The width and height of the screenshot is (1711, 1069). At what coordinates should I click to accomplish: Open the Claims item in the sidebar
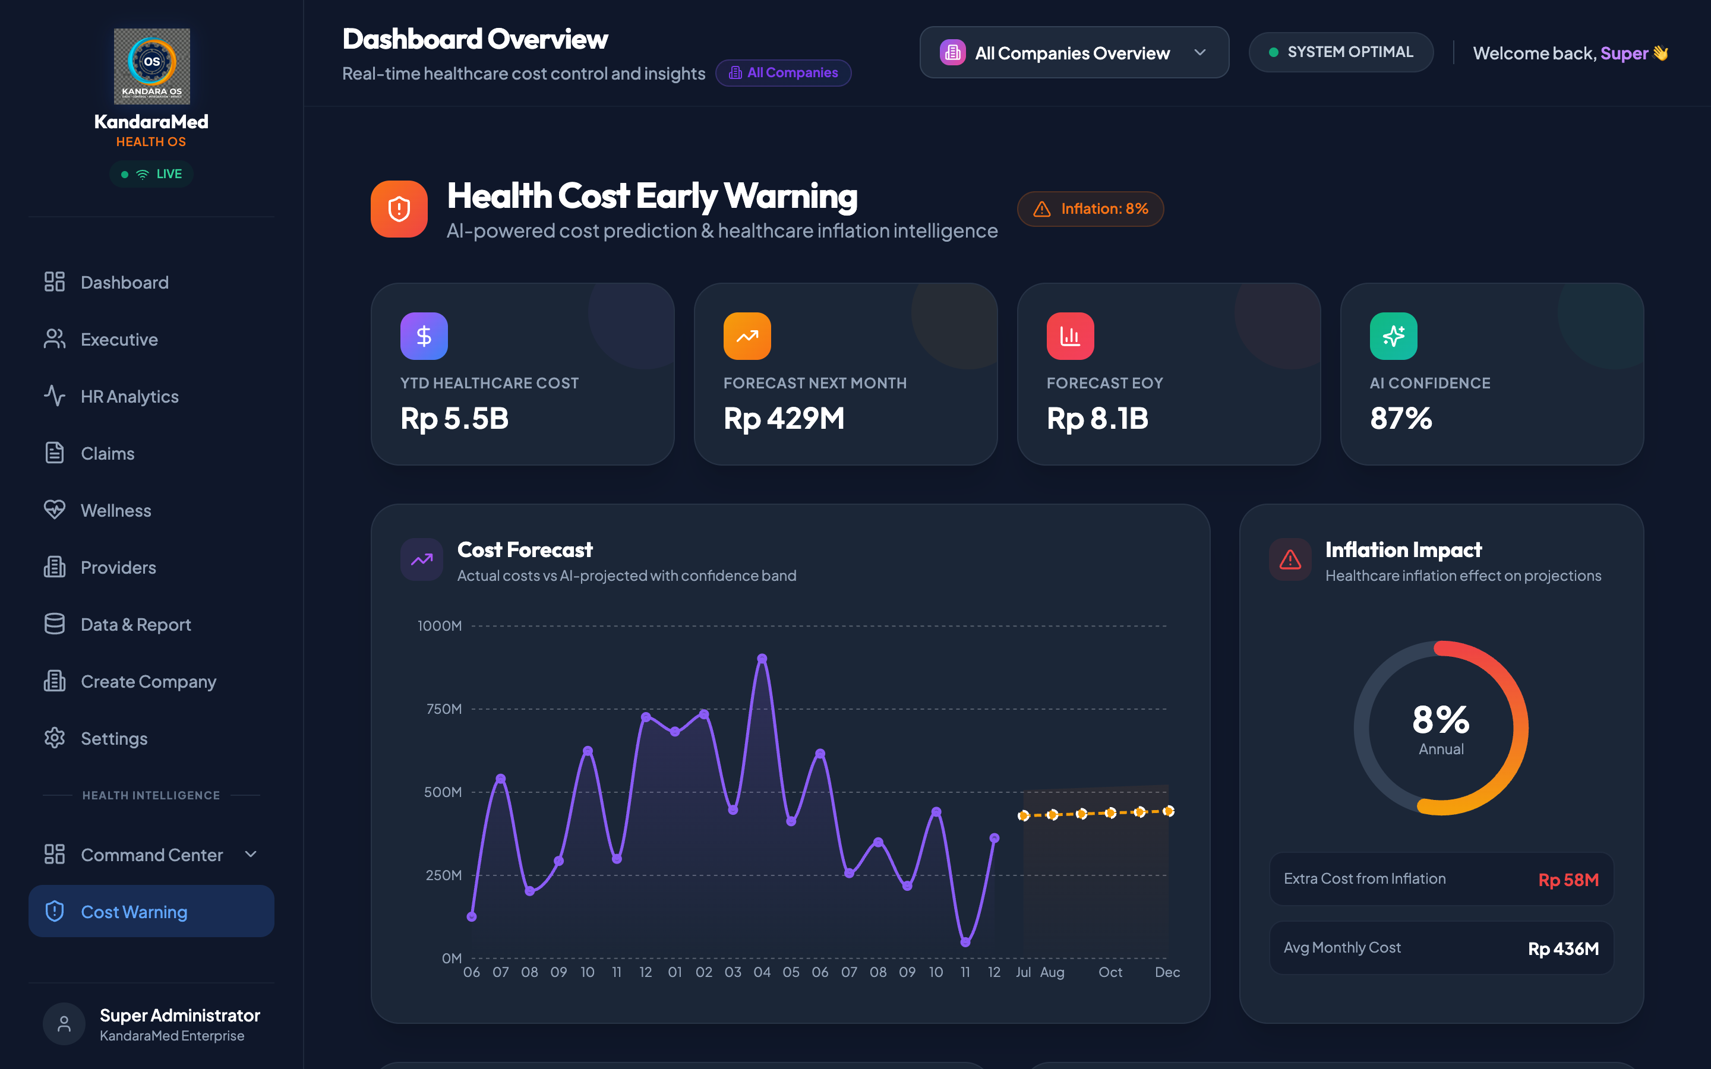[108, 453]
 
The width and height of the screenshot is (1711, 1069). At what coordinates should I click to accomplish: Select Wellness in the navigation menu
[116, 511]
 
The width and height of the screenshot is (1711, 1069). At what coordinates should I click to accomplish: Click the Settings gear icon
[55, 738]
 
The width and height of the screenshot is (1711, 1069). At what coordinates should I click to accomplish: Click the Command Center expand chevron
[250, 854]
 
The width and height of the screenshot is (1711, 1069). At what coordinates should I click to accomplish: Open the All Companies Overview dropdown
[1074, 52]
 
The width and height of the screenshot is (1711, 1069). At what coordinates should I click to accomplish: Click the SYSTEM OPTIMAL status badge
[1340, 52]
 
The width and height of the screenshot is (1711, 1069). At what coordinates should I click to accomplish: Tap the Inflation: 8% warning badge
[1090, 209]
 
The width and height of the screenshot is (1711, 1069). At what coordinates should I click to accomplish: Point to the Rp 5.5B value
[454, 419]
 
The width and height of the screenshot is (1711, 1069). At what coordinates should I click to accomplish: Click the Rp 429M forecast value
[784, 419]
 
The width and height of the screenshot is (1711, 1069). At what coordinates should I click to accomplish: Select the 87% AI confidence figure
[1401, 419]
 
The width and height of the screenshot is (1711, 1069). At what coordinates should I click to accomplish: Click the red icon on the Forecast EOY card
[1070, 336]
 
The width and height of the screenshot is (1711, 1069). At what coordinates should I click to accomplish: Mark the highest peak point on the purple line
[762, 658]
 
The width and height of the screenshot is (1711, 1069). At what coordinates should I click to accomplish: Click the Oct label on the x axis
[1110, 972]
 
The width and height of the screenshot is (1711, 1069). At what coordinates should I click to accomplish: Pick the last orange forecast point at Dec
[1169, 811]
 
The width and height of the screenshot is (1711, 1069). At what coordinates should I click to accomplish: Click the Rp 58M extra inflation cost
[1568, 880]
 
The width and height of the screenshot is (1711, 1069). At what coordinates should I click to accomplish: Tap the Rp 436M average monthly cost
[1563, 948]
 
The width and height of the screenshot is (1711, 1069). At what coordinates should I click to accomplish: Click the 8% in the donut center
[1441, 720]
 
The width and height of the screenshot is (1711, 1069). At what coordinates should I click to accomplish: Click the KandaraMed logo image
[152, 67]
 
